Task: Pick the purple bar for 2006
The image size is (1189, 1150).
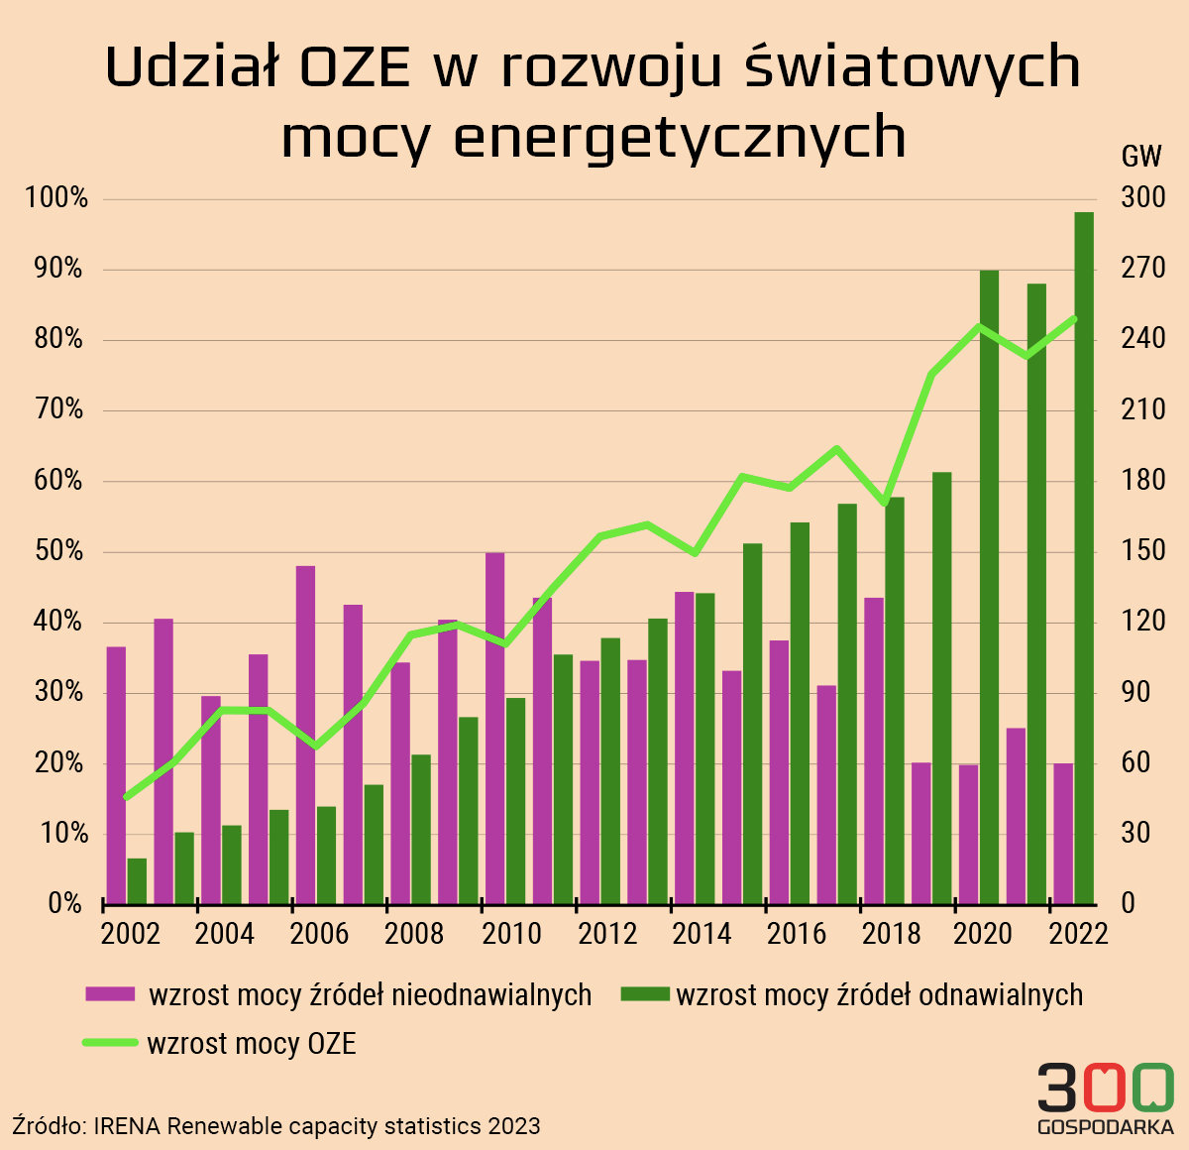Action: pos(305,735)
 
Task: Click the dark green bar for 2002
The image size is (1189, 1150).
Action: pos(137,880)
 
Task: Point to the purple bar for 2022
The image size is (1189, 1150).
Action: pos(1063,833)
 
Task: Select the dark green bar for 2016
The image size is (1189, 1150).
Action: pos(800,713)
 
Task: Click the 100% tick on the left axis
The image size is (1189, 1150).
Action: pos(56,198)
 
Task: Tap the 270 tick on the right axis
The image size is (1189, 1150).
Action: pos(1142,269)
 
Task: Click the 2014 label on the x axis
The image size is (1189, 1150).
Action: pos(702,934)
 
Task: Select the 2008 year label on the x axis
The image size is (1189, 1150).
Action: pos(414,934)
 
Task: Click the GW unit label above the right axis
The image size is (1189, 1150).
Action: pos(1141,156)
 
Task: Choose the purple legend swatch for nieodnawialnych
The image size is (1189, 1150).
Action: pos(109,994)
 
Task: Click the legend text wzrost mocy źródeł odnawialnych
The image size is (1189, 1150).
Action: pos(879,994)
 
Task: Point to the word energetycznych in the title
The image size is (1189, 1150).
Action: pos(679,137)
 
